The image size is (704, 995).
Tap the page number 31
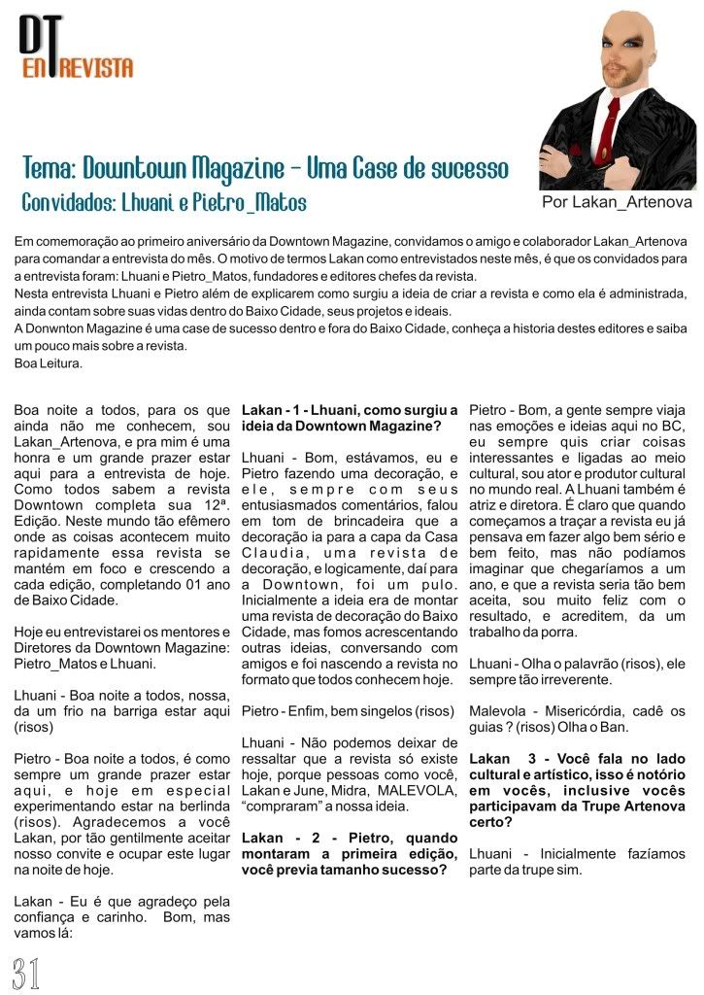26,973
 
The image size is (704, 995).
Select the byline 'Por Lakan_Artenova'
617,202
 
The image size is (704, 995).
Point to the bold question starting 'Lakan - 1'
350,418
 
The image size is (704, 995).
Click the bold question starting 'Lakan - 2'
350,853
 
